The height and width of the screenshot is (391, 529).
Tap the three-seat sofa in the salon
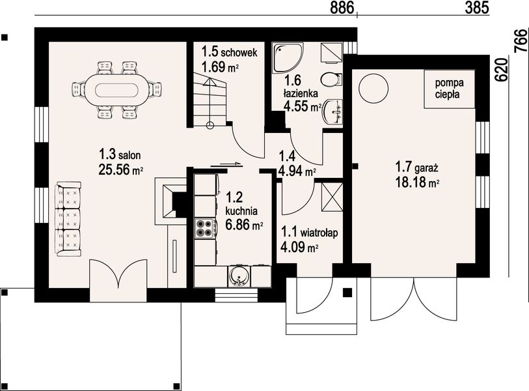[69, 219]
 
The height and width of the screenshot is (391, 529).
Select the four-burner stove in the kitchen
[205, 227]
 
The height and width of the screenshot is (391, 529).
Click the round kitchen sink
[239, 276]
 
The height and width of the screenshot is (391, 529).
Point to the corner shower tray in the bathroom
[288, 57]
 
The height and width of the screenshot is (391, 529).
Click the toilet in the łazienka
[332, 80]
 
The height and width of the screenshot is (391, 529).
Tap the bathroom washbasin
[333, 112]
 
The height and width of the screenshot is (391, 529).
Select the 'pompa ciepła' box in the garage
[450, 89]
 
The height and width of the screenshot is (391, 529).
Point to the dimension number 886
[342, 8]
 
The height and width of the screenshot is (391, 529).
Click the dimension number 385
[477, 8]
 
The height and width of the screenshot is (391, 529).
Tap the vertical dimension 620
[502, 70]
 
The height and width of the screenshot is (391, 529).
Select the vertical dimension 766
[521, 40]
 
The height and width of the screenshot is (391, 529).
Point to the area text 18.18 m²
[417, 182]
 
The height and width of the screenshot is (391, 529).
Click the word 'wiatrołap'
[319, 233]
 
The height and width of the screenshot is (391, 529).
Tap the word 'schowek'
[239, 52]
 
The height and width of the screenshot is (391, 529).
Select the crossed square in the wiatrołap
[332, 197]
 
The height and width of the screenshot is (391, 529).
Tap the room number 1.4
[287, 156]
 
